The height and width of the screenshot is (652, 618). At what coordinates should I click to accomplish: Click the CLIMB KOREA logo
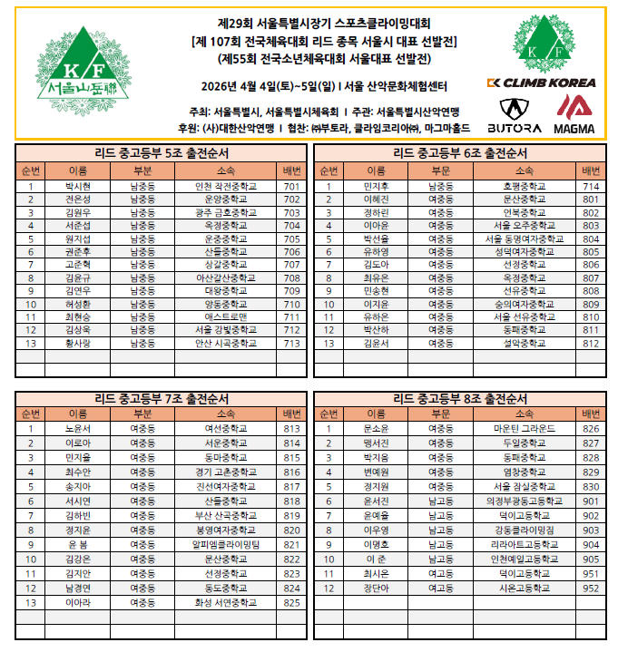pyautogui.click(x=541, y=83)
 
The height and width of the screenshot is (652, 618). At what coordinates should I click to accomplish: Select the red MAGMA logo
pyautogui.click(x=574, y=114)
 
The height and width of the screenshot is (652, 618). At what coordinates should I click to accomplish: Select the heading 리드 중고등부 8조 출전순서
pyautogui.click(x=460, y=398)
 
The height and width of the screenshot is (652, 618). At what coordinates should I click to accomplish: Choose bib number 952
pyautogui.click(x=591, y=588)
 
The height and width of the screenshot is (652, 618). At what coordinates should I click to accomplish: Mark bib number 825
pyautogui.click(x=291, y=602)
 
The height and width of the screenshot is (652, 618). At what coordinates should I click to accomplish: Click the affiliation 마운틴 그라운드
pyautogui.click(x=524, y=428)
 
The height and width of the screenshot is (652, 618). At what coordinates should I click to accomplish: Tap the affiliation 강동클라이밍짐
pyautogui.click(x=524, y=530)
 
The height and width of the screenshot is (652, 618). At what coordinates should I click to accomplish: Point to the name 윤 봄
pyautogui.click(x=78, y=544)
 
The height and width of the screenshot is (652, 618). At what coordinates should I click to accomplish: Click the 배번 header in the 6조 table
pyautogui.click(x=591, y=170)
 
